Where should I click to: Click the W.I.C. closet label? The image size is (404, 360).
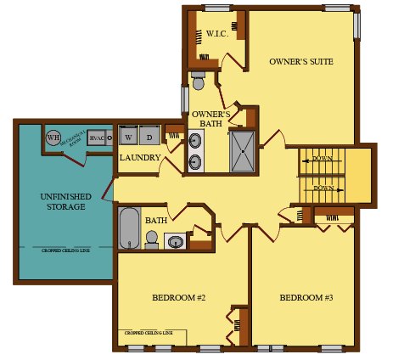pos(216,34)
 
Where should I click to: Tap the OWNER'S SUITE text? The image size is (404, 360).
pos(300,61)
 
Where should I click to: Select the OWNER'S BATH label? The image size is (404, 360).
pos(211,119)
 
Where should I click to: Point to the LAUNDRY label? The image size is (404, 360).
pos(140,158)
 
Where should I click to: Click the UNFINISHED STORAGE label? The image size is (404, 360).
pos(65,201)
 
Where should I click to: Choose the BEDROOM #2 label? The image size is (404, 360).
pos(178,298)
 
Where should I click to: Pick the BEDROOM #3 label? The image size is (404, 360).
pos(306,298)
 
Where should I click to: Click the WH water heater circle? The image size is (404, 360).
pos(53,138)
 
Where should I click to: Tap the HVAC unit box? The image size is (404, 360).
pos(97,138)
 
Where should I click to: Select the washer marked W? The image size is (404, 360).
pos(128,136)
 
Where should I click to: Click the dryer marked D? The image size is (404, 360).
pos(149,136)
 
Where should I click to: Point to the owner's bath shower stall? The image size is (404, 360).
pos(242,151)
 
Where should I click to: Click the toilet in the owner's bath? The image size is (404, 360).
pos(199,81)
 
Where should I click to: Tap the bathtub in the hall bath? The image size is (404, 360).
pos(129,227)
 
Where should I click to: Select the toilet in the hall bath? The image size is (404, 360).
pos(152,239)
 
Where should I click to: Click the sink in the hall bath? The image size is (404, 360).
pos(176,242)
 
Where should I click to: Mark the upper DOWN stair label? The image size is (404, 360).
pos(323,159)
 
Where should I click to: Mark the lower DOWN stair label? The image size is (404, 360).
pos(323,188)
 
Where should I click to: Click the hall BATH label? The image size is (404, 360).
pos(156,220)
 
